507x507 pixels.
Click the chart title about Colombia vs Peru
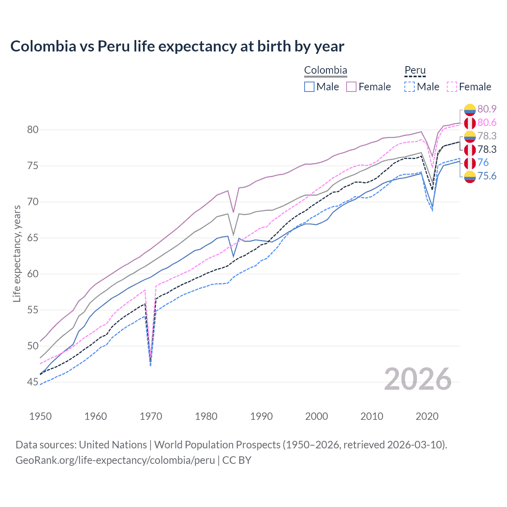[177, 46]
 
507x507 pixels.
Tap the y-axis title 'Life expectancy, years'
[17, 253]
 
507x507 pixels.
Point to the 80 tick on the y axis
[33, 130]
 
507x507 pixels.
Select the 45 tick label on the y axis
[33, 382]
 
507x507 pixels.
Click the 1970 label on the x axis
[151, 416]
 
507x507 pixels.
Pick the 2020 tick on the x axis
[427, 416]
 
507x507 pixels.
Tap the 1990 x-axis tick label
[261, 416]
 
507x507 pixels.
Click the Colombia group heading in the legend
[326, 71]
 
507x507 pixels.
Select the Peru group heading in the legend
[415, 71]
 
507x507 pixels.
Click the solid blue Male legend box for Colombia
[309, 87]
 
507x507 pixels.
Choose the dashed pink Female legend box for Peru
[452, 87]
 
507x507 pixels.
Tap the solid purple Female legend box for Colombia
[351, 87]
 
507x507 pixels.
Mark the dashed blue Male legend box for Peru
[410, 87]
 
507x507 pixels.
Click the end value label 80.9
[487, 109]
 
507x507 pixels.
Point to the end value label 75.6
[487, 176]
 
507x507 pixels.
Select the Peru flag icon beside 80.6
[470, 123]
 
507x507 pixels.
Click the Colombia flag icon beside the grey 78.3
[470, 136]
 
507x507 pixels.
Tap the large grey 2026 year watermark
[418, 379]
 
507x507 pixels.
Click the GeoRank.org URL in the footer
[115, 460]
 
